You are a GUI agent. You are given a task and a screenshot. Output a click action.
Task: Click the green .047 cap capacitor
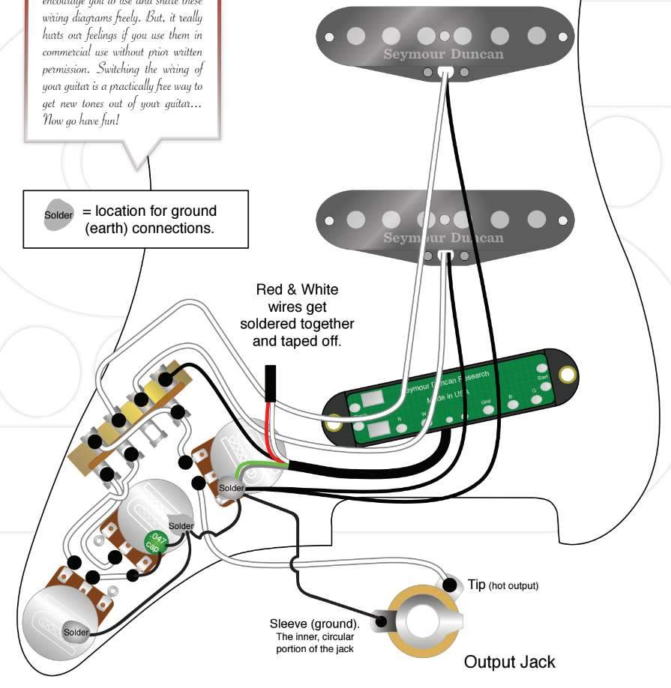click(156, 542)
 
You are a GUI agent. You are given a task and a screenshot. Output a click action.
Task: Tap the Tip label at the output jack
click(477, 585)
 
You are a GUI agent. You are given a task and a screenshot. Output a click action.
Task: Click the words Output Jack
click(509, 662)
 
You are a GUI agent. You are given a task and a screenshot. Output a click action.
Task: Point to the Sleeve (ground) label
click(314, 624)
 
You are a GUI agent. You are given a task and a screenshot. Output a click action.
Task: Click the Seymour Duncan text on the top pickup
click(443, 54)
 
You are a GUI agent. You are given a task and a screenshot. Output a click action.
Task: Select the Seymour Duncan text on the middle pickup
click(443, 238)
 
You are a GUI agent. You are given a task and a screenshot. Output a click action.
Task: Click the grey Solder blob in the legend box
click(58, 215)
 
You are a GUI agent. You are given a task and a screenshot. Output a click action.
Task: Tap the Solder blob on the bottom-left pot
click(76, 633)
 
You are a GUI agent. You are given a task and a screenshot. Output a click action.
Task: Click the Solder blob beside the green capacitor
click(181, 526)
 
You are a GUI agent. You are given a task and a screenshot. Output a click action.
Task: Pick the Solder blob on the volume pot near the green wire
click(231, 488)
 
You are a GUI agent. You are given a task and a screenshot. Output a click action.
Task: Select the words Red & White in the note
click(297, 289)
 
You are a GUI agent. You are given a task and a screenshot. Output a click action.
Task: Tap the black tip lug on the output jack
click(450, 584)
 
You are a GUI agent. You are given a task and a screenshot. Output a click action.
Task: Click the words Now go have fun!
click(81, 120)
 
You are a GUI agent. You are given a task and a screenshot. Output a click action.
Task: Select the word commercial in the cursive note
click(72, 52)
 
